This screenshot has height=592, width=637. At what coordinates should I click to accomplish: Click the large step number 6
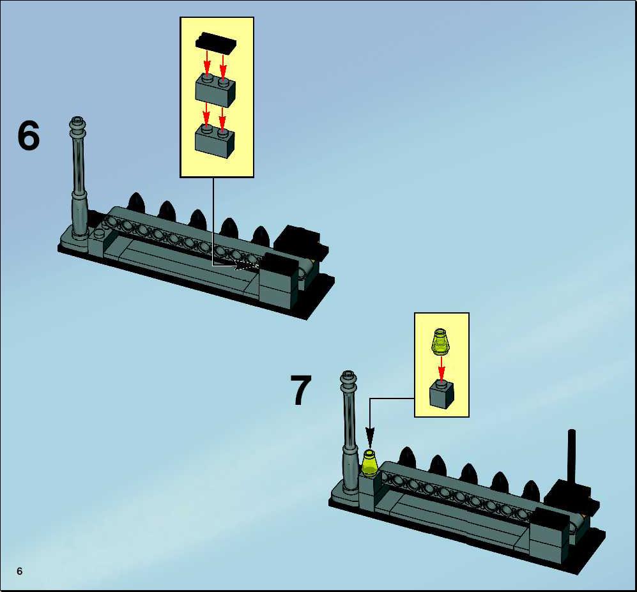point(29,135)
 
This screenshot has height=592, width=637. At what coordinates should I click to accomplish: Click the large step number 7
point(301,390)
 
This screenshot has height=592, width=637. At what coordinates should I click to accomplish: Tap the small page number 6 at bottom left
point(20,572)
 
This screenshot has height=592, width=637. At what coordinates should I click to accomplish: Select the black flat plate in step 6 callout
point(216,42)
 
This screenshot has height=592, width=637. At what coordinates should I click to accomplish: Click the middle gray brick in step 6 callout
point(215,90)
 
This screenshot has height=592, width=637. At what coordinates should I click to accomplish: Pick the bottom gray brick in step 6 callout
point(215,140)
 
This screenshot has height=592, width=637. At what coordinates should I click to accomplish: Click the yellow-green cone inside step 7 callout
point(440,342)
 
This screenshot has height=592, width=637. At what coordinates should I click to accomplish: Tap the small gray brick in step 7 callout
point(441,394)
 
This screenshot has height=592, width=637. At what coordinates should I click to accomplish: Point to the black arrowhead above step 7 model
point(370,437)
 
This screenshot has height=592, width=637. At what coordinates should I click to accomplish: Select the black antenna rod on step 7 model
point(572,455)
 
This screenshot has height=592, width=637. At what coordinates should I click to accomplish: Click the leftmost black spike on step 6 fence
point(136,202)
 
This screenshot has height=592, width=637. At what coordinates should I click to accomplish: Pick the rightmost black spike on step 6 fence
point(261,236)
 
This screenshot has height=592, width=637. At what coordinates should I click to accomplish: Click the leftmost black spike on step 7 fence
point(407,457)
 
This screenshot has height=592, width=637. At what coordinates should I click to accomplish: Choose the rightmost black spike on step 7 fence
point(531,491)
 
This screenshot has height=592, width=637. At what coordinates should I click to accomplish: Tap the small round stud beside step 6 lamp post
point(99,233)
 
